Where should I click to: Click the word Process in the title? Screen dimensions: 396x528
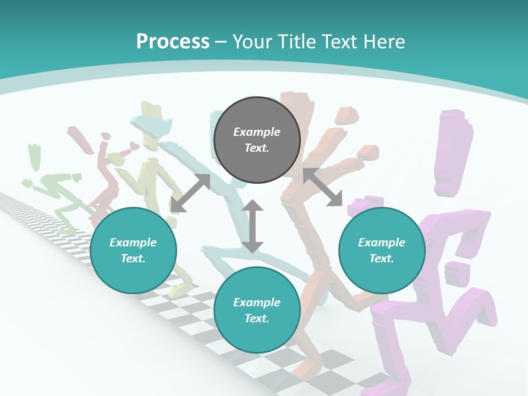pyautogui.click(x=173, y=42)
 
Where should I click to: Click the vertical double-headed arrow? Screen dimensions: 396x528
pyautogui.click(x=252, y=226)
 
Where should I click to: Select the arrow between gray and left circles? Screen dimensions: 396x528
pyautogui.click(x=190, y=193)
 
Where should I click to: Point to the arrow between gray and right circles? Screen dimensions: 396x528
pyautogui.click(x=323, y=188)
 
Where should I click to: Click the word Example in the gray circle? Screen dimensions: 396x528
pyautogui.click(x=257, y=132)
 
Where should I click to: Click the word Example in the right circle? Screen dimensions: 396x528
pyautogui.click(x=382, y=243)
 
